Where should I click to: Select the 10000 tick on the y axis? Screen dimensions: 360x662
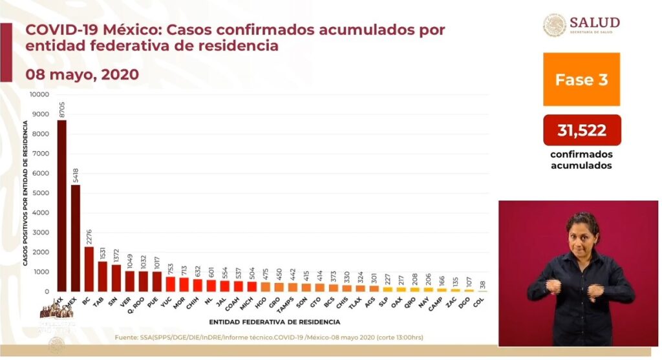tap(39, 94)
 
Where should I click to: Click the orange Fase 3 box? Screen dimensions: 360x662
tap(581, 79)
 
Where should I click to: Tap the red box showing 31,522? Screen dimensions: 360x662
tap(581, 131)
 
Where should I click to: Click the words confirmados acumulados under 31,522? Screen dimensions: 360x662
tap(581, 160)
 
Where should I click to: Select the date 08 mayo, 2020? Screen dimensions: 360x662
tap(82, 74)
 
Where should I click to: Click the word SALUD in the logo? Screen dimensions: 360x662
tap(594, 23)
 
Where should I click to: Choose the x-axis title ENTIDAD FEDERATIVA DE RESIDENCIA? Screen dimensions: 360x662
tap(275, 321)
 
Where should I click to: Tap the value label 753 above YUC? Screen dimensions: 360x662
tap(170, 268)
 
